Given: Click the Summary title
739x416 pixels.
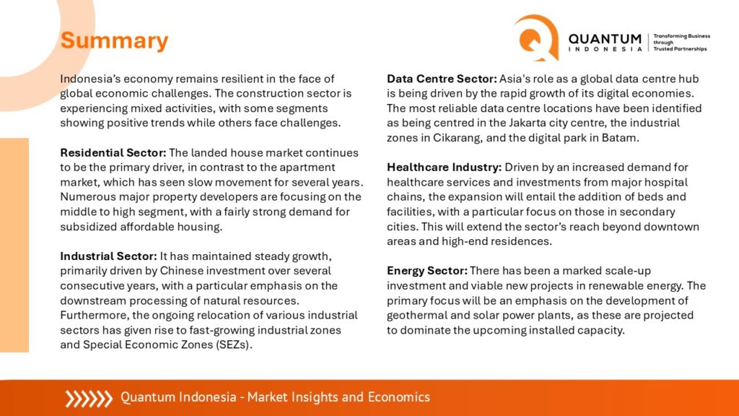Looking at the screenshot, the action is point(114,40).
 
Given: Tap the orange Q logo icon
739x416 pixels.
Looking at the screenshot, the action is point(537,38).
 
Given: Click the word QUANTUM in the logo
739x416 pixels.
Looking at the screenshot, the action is point(605,39).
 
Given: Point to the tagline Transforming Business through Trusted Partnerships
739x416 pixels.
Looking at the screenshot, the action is point(681,43).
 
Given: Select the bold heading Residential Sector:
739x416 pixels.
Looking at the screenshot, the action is point(113,153).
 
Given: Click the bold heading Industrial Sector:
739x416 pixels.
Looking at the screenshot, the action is point(108,256).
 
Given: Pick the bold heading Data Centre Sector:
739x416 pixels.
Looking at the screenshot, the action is point(442,79).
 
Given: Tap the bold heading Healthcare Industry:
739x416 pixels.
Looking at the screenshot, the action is point(445,168).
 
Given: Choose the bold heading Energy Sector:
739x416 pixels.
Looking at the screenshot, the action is point(427,271).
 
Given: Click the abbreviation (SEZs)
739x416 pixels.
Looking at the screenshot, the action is point(234,344).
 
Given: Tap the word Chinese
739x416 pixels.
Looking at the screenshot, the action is point(181,271).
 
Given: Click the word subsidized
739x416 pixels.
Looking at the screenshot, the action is point(88,227).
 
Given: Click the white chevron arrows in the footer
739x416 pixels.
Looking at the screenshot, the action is point(89,399).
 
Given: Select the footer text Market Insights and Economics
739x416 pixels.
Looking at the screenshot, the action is point(338,397).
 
